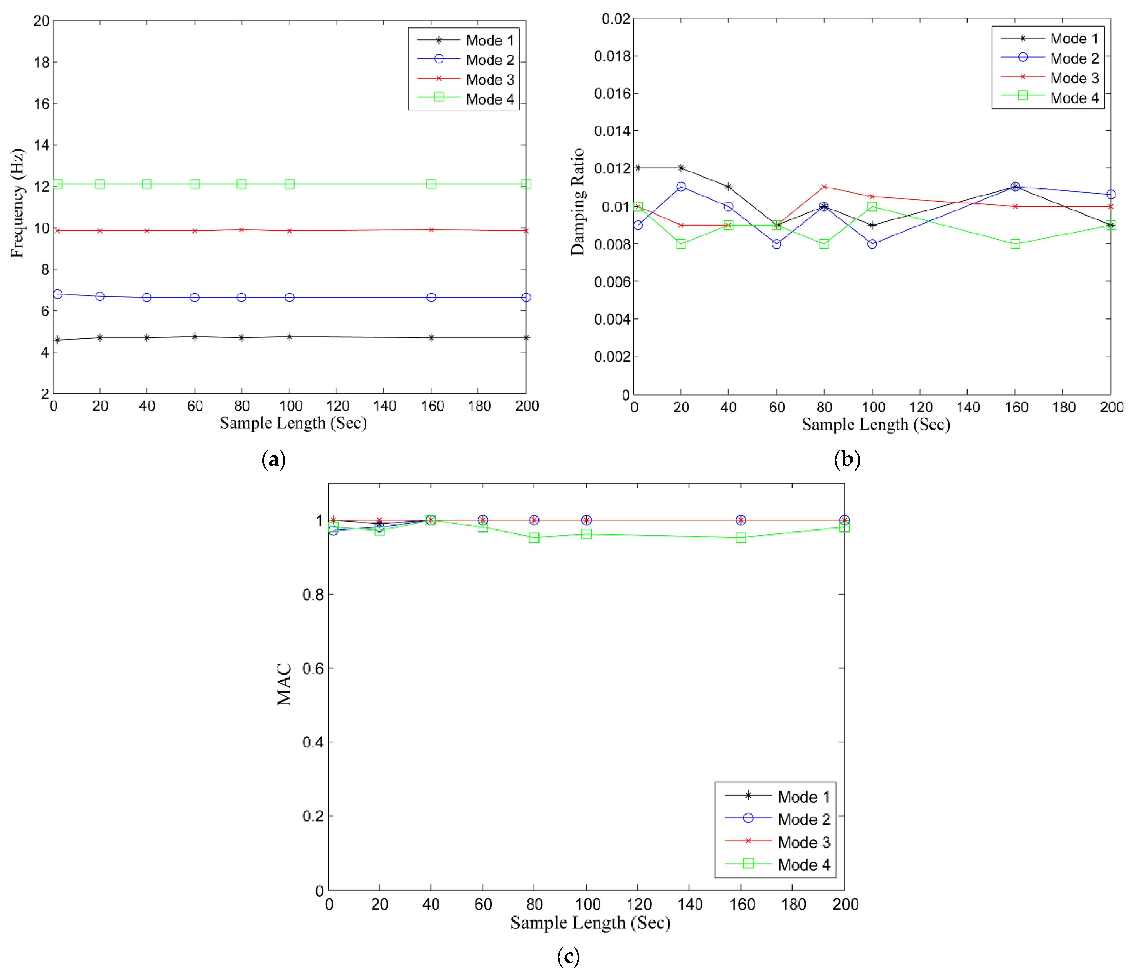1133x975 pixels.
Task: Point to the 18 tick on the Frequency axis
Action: click(x=42, y=62)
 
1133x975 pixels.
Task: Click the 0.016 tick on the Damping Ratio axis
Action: click(x=612, y=94)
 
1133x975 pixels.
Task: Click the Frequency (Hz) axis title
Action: click(x=18, y=202)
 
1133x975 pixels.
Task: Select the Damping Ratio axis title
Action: click(x=578, y=201)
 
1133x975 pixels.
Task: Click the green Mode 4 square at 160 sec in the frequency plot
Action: click(x=431, y=184)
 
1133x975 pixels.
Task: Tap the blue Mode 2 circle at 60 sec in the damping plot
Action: click(x=777, y=244)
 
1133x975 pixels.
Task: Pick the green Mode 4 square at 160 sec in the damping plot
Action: click(x=1015, y=244)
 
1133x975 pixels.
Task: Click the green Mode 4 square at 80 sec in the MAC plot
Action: click(x=534, y=538)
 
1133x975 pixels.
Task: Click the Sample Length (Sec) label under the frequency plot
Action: click(x=293, y=423)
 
